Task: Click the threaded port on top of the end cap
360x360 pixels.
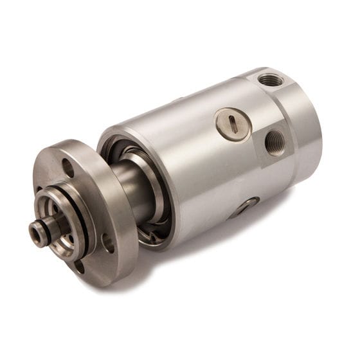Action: pos(271,80)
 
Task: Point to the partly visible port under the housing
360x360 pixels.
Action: pos(246,206)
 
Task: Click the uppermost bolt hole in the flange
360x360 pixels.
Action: pos(67,168)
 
